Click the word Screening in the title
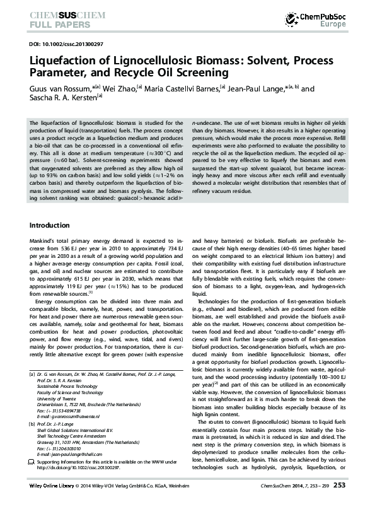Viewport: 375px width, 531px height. [199, 73]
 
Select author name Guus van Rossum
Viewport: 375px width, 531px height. [59, 89]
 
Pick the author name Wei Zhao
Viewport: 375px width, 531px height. [116, 89]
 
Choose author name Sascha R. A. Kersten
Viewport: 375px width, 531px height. [60, 98]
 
